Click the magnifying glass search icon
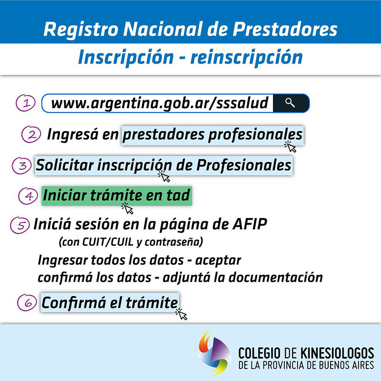[290, 103]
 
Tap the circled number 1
[26, 103]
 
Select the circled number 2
[31, 134]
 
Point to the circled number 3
[21, 165]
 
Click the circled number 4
[28, 196]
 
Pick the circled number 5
[20, 225]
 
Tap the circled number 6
[27, 302]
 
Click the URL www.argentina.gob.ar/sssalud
[160, 103]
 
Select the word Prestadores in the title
[285, 29]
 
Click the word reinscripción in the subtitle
[247, 57]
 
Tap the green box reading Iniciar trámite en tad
[117, 196]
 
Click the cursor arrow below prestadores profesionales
[291, 147]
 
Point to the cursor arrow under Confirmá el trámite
[181, 314]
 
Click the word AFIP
[250, 224]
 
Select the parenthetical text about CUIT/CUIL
[130, 242]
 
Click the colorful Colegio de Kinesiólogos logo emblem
[214, 352]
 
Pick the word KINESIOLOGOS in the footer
[337, 353]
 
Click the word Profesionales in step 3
[244, 165]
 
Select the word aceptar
[218, 261]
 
